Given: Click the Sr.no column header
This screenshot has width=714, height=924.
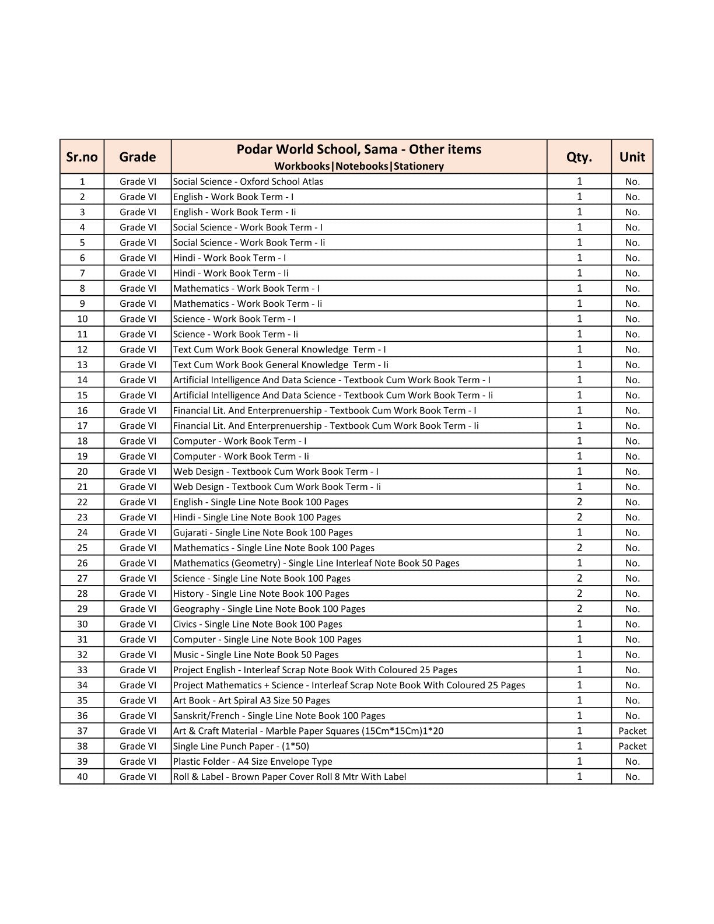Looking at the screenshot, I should pos(82,157).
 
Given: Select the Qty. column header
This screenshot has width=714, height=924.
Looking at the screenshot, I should pos(579,157).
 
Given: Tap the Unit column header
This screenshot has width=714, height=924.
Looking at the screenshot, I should pos(632,157).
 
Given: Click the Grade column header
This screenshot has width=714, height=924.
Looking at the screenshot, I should pos(137,157).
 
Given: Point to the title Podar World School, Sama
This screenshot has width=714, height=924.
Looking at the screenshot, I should pos(359,149).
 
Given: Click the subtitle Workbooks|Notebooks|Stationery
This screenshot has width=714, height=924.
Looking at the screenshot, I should pos(359,166).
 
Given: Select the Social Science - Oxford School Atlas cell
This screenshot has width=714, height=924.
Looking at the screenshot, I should pos(248,181).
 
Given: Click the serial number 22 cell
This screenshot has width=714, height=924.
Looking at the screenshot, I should pos(82,502).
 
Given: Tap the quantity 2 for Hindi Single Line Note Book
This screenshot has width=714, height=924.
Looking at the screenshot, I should pos(579,517).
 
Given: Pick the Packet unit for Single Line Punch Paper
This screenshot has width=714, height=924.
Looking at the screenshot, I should pos(632,746).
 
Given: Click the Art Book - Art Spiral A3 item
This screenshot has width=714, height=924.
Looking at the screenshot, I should pos(251,701).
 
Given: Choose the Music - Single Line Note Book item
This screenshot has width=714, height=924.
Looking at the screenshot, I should pos(256,654).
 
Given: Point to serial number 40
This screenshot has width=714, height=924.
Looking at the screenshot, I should pos(82,776).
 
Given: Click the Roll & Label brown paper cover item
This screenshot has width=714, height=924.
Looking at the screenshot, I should pos(289,776).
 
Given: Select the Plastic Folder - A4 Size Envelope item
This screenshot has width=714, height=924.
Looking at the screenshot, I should pos(253,761).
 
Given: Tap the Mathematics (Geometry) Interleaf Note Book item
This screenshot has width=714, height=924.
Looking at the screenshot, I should pos(316,563).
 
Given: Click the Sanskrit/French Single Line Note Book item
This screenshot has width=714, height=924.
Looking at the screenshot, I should pos(279,716).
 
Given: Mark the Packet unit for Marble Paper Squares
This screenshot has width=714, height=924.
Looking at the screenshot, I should pos(632,731).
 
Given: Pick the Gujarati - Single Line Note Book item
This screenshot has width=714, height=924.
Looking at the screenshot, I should pos(262,533).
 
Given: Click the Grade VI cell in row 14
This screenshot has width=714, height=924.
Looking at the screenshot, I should pos(137,380).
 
